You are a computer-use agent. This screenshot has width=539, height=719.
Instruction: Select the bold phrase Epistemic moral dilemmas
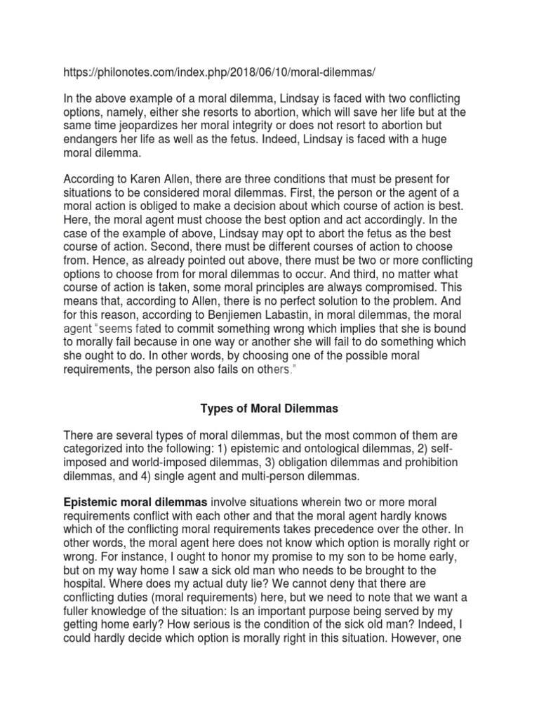point(135,503)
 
